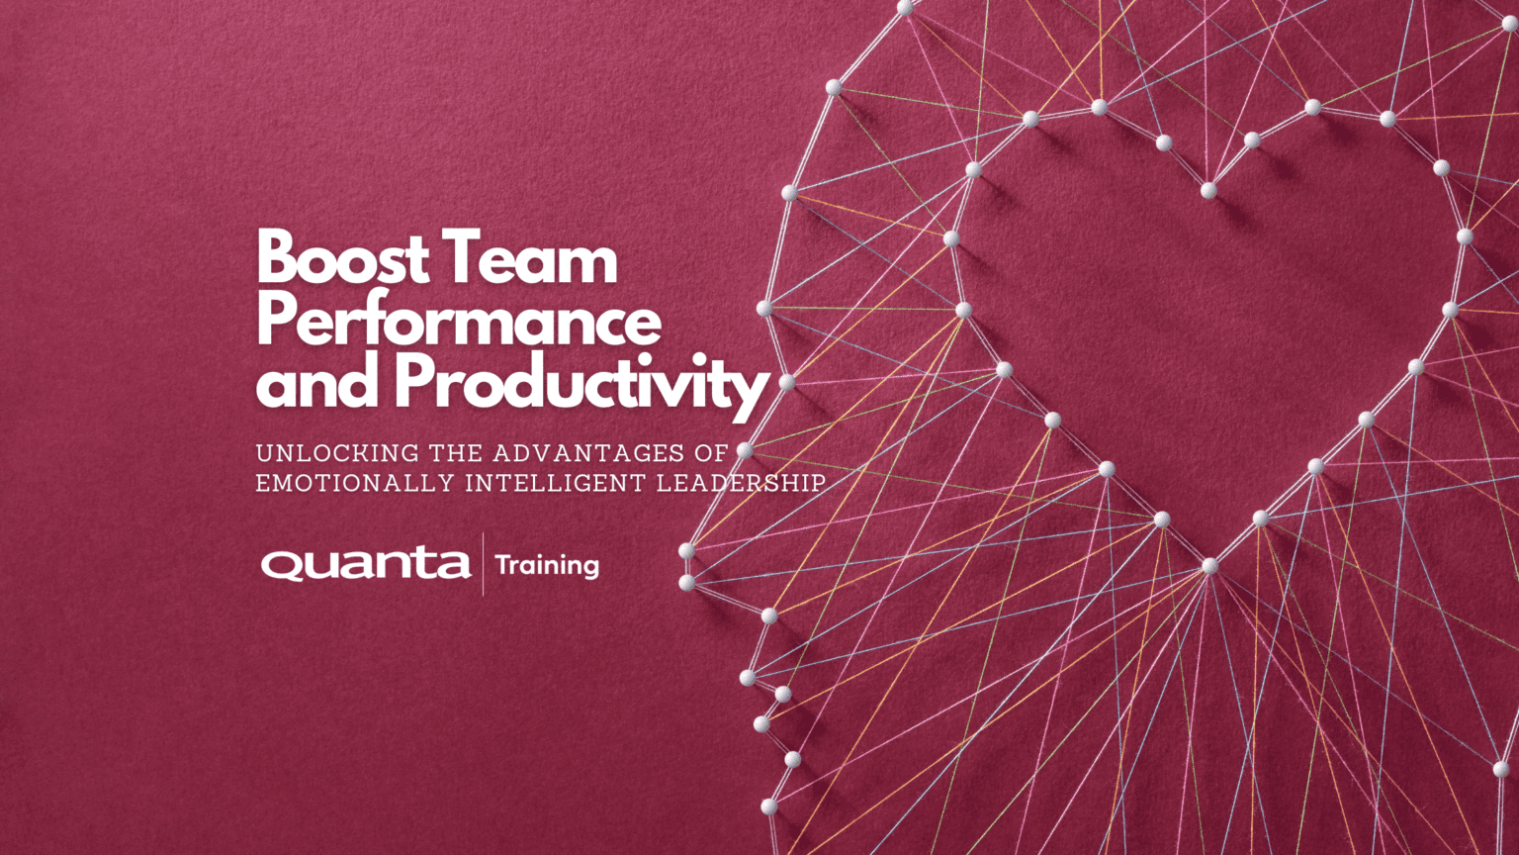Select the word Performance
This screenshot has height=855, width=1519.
point(459,321)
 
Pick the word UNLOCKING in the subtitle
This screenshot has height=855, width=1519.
point(337,453)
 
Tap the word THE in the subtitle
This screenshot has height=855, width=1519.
point(455,453)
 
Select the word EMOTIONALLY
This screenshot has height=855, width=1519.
point(350,484)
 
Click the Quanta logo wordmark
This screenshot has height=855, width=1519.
point(366,564)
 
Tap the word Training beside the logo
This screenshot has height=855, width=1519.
point(547,565)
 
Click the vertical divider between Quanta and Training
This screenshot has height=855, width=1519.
point(483,564)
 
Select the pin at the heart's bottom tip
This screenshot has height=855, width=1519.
point(1209,566)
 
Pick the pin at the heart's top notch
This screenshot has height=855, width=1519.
point(1207,190)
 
